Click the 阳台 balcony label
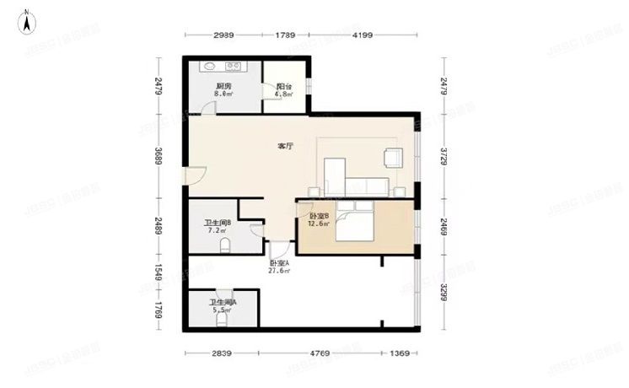pos(284,86)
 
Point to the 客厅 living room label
pos(286,146)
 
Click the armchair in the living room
pos(393,157)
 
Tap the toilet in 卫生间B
pos(225,245)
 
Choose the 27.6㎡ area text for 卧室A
pos(279,271)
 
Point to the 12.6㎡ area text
pos(317,224)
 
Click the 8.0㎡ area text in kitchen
pos(223,94)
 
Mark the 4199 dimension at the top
pos(363,35)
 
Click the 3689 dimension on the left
pos(157,157)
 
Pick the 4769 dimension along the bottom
pos(318,354)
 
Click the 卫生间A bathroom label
pos(223,302)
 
